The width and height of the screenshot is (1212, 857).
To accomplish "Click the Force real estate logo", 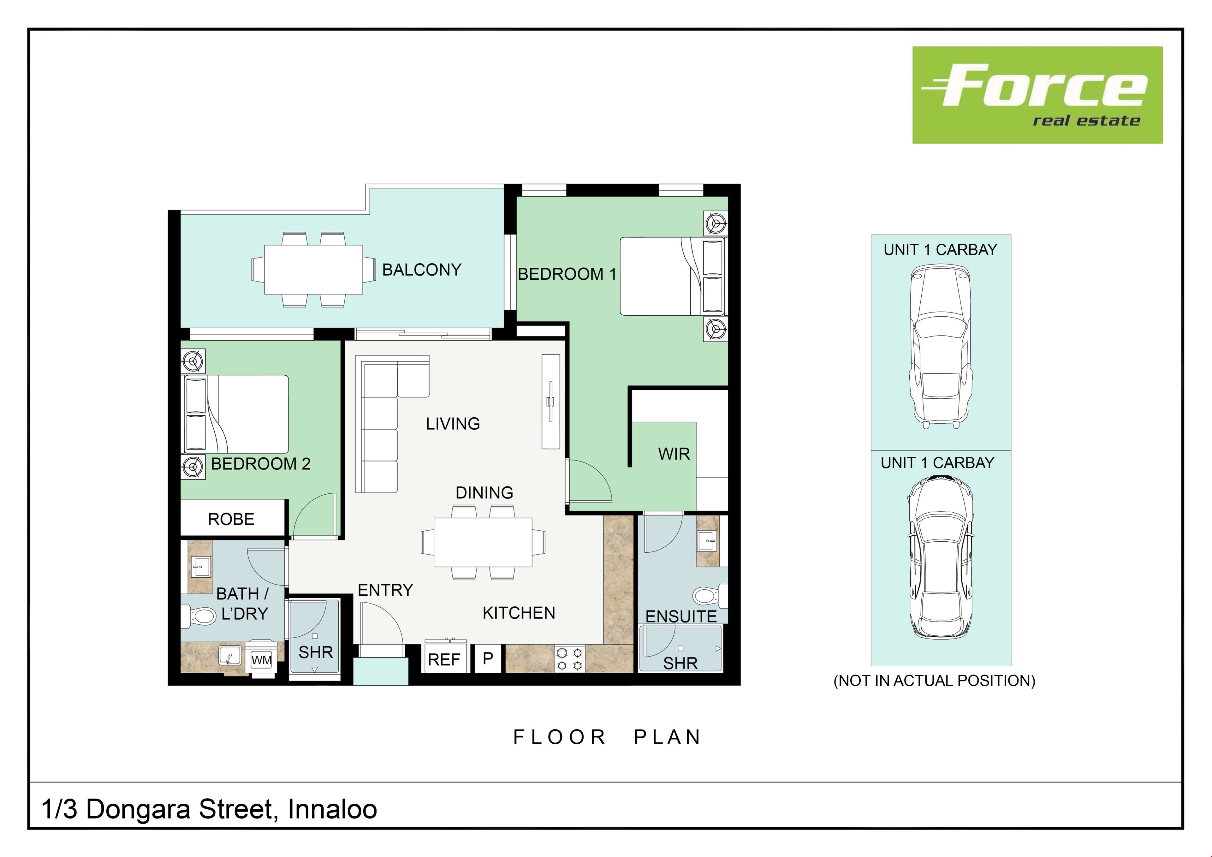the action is click(1037, 95).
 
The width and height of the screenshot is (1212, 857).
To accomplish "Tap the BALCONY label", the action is click(421, 270).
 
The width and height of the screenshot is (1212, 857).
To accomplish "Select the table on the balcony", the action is click(313, 269).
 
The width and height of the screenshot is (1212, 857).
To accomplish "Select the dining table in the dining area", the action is click(483, 542).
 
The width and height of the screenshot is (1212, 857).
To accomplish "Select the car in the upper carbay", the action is click(940, 346).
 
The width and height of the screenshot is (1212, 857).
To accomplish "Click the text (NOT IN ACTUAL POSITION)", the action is click(934, 681).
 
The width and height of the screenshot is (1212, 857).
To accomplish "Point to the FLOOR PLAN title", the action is click(607, 737).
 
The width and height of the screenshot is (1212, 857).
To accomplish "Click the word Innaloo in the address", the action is click(332, 809).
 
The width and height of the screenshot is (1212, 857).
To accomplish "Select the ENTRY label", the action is click(385, 590).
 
